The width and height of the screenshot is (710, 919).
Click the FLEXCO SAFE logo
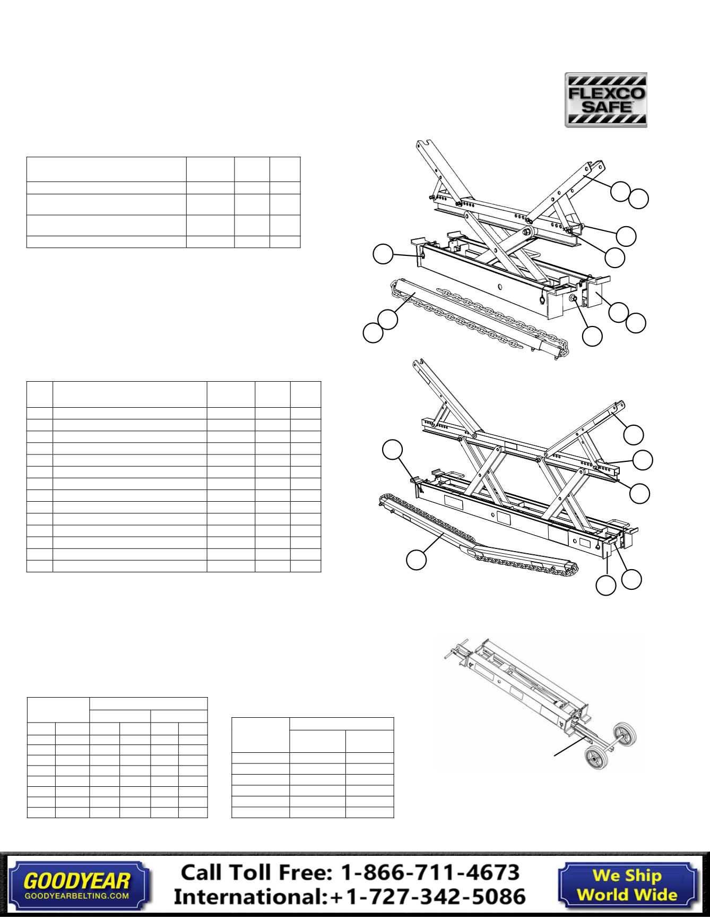tap(605, 100)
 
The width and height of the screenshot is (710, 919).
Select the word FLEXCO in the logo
tap(605, 93)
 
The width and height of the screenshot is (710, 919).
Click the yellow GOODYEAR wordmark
tap(77, 881)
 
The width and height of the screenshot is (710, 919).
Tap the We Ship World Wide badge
tap(627, 884)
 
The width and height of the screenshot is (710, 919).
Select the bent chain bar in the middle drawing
tap(478, 536)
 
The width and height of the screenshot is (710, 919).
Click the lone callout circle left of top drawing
tap(383, 254)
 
